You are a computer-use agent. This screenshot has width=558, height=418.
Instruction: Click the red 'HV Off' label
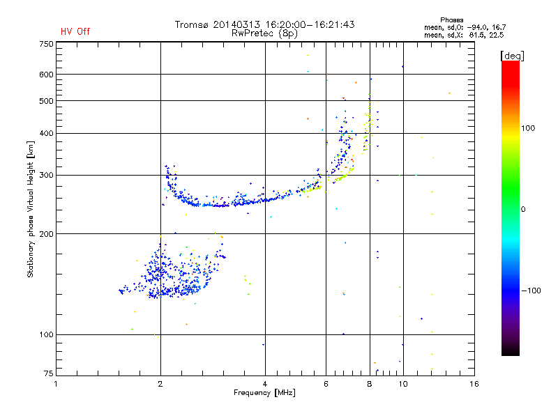[x=75, y=31]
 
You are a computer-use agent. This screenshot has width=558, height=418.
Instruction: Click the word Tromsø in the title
[x=193, y=25]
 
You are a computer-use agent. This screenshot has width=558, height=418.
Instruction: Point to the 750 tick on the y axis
[x=46, y=43]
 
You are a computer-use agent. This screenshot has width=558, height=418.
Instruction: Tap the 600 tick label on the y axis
[x=46, y=75]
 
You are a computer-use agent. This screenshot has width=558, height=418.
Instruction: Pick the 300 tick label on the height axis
[x=46, y=175]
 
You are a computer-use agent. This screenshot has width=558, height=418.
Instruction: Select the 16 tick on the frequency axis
[x=474, y=384]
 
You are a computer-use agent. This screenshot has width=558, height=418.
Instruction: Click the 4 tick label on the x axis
[x=265, y=384]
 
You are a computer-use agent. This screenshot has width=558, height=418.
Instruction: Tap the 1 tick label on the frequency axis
[x=56, y=384]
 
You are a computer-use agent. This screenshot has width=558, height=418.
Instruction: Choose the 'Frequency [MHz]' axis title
[x=264, y=393]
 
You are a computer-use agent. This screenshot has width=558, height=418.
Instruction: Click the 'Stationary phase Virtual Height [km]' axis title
[x=31, y=209]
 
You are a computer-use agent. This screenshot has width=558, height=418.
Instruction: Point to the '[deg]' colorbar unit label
[x=512, y=55]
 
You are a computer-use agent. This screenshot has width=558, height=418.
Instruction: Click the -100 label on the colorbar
[x=531, y=291]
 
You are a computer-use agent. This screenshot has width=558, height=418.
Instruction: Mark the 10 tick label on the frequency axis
[x=402, y=384]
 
